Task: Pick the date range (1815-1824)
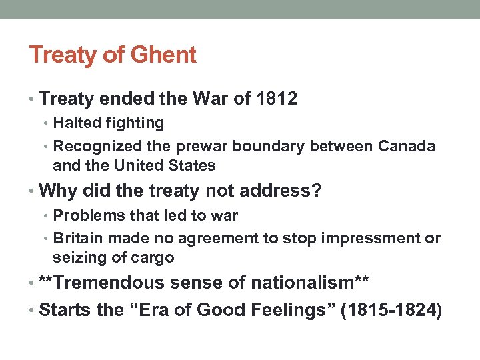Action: click(391, 309)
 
